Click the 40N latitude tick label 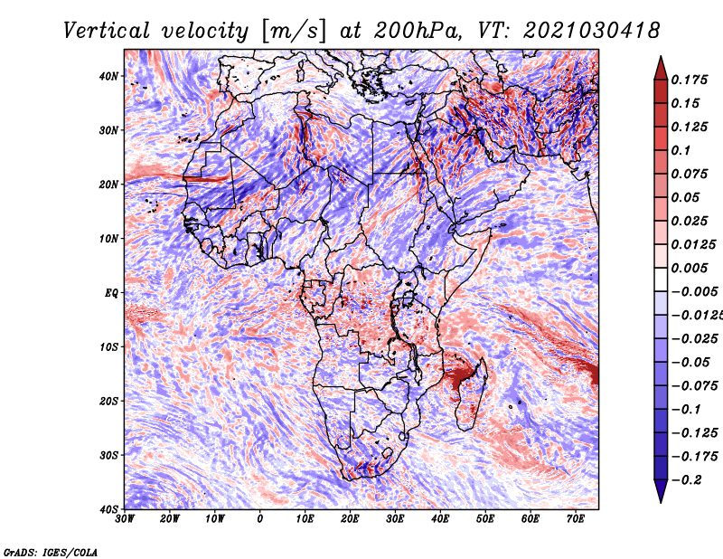click(108, 76)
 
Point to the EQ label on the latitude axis click(111, 293)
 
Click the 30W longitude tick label click(125, 519)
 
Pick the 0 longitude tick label click(260, 519)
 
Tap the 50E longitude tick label click(485, 519)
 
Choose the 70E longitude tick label click(576, 519)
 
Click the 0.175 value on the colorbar click(690, 80)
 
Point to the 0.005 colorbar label click(690, 268)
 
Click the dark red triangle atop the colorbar click(661, 69)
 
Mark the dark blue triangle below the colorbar click(661, 490)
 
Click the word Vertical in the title click(107, 31)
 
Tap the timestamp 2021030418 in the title click(591, 31)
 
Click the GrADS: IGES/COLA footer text click(51, 552)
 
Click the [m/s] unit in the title click(294, 32)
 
